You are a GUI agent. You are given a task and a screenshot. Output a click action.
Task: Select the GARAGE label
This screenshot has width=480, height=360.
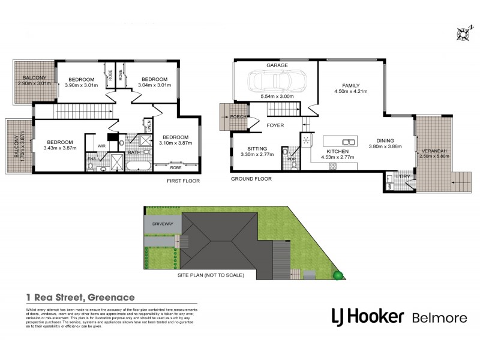(277, 65)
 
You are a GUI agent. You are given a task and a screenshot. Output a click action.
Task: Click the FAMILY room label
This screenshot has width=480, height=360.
(350, 85)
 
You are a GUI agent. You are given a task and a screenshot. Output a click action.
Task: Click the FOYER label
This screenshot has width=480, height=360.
(275, 125)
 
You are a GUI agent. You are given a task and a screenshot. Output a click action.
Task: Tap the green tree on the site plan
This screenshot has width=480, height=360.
(338, 275)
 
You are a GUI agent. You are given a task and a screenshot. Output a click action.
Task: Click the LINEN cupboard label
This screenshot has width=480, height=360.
(149, 126)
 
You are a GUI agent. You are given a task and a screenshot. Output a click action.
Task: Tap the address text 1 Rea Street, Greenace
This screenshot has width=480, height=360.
(80, 296)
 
